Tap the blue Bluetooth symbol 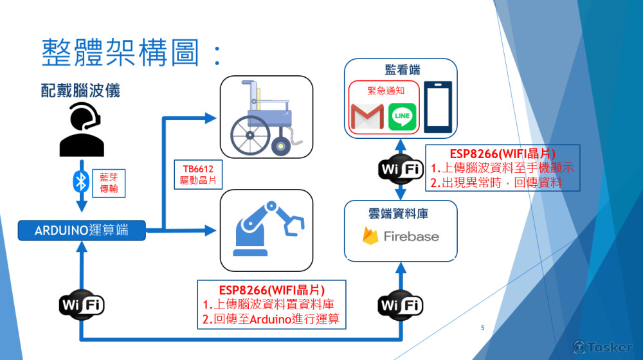tap(81, 182)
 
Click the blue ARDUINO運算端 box tap(81, 230)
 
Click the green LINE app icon tap(403, 116)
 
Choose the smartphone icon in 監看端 tap(438, 107)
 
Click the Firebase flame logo tap(370, 236)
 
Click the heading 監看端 tap(402, 69)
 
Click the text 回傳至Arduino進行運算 tap(271, 319)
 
